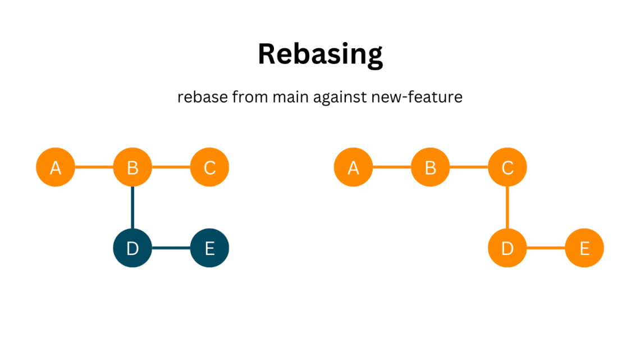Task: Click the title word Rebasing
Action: (321, 54)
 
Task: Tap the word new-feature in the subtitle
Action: (417, 97)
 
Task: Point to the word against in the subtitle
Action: (340, 98)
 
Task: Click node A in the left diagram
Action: (56, 167)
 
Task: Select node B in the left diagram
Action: (132, 167)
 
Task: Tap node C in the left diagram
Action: (210, 167)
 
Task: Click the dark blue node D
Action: (132, 248)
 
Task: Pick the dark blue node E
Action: (210, 248)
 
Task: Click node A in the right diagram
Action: (354, 167)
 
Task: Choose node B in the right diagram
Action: (431, 167)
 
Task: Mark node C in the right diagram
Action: (508, 167)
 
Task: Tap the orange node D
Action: (508, 248)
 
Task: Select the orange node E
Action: (584, 248)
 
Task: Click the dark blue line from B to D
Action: (132, 208)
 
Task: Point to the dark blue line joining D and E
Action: (171, 248)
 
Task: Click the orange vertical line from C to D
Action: (508, 208)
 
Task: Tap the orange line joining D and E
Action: (546, 248)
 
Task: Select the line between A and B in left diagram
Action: (94, 167)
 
